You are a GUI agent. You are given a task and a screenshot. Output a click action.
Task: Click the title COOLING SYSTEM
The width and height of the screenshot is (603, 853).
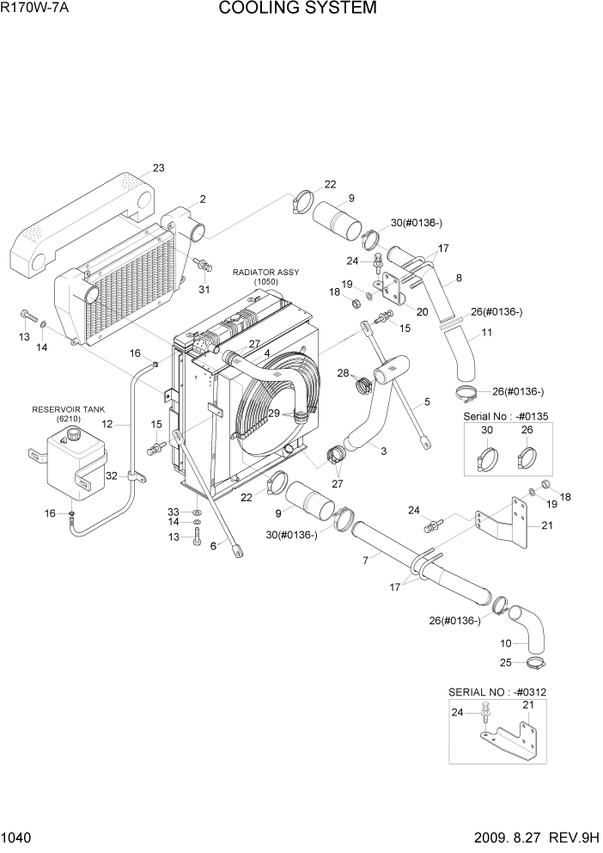(297, 9)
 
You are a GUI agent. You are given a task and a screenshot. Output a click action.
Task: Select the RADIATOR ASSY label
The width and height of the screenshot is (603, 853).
(265, 273)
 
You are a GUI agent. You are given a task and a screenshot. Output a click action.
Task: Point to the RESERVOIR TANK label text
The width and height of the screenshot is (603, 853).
(64, 409)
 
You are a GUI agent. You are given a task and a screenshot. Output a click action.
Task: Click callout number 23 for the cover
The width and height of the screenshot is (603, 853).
(158, 168)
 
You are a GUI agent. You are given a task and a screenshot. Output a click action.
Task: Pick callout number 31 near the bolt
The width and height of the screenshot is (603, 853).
(204, 289)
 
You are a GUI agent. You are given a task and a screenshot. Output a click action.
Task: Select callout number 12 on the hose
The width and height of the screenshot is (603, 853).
(107, 424)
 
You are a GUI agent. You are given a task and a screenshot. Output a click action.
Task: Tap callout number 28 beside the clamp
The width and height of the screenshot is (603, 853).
(343, 372)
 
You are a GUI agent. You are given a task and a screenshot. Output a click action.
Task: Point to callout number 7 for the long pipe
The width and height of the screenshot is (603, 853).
(365, 559)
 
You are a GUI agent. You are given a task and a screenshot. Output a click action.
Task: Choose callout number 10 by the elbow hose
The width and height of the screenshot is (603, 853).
(504, 642)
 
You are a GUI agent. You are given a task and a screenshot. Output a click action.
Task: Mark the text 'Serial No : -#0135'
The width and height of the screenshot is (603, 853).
(504, 415)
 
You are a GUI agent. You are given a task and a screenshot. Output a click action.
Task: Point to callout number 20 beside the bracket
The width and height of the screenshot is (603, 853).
(422, 310)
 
